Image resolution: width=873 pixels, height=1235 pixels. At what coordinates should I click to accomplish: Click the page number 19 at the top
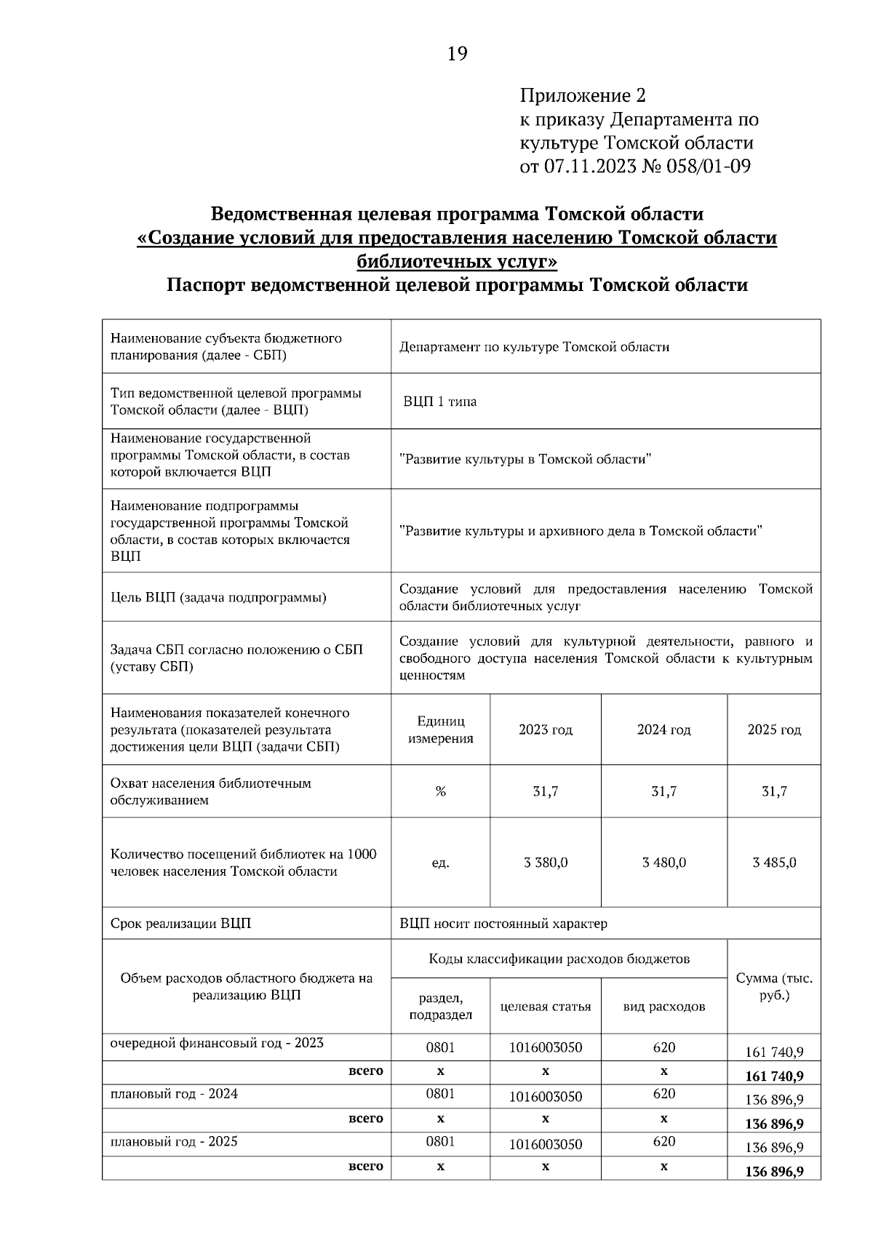point(458,54)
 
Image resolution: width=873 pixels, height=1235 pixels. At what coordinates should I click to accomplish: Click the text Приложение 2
point(583,95)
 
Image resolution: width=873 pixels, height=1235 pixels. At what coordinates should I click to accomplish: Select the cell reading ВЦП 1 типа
point(440,401)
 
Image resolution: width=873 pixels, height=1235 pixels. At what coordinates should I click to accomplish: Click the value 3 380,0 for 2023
point(546,863)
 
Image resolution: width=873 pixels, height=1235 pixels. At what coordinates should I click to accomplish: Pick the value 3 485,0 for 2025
point(774,863)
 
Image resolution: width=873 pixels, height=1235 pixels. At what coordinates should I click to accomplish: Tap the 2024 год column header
point(663,730)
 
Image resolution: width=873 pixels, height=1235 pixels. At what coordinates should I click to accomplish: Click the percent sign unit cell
point(440,791)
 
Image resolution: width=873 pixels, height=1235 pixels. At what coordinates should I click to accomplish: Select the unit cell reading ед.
point(440,863)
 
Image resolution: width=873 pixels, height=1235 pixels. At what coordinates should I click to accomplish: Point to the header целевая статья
point(546,1007)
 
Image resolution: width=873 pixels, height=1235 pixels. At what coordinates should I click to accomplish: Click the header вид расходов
point(663,1007)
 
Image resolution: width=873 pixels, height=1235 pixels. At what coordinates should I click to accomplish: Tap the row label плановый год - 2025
point(174,1141)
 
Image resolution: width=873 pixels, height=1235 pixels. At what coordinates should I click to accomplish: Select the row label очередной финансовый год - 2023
point(217,1043)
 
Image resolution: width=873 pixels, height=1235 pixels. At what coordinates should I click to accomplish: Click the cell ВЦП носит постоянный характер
point(503,924)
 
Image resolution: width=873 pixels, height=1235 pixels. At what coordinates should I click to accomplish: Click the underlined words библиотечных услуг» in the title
point(457,261)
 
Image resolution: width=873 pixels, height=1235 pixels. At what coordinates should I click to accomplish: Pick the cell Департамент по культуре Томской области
point(534,347)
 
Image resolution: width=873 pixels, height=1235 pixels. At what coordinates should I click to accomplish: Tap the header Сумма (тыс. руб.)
point(774,987)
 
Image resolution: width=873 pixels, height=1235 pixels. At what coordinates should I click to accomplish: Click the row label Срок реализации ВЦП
point(180,924)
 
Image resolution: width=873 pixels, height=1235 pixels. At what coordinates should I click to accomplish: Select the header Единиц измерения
point(440,730)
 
